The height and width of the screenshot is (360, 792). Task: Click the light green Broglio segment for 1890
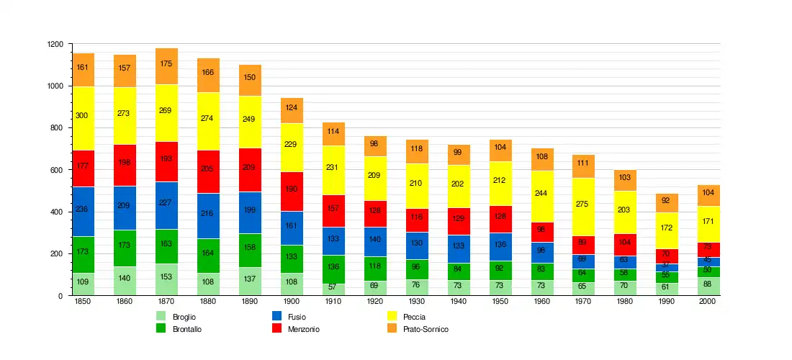(250, 282)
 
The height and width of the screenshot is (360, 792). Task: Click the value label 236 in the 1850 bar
(82, 210)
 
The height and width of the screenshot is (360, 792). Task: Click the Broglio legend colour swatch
(162, 316)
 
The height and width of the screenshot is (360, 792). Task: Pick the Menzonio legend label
(303, 329)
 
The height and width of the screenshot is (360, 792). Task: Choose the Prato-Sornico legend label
(426, 329)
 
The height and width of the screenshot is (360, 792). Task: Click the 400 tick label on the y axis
(55, 212)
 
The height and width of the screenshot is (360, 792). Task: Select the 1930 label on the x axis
(417, 302)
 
